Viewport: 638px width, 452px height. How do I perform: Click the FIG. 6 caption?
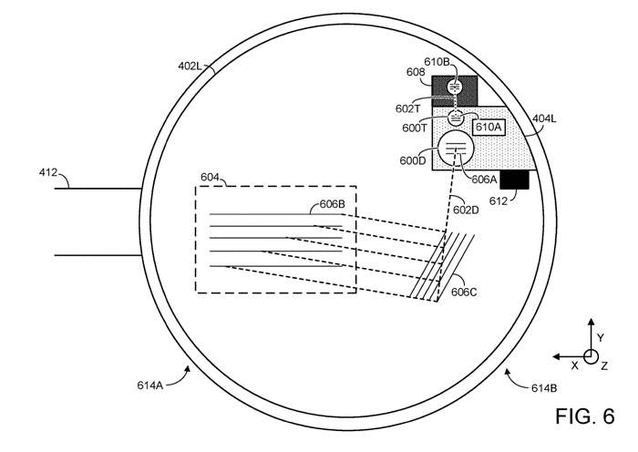click(590, 418)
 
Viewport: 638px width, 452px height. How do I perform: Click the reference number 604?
click(211, 177)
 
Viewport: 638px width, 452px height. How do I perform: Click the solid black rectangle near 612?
click(514, 180)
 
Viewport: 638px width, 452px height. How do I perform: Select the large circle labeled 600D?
click(457, 149)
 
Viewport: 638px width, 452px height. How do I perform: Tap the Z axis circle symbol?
click(590, 356)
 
